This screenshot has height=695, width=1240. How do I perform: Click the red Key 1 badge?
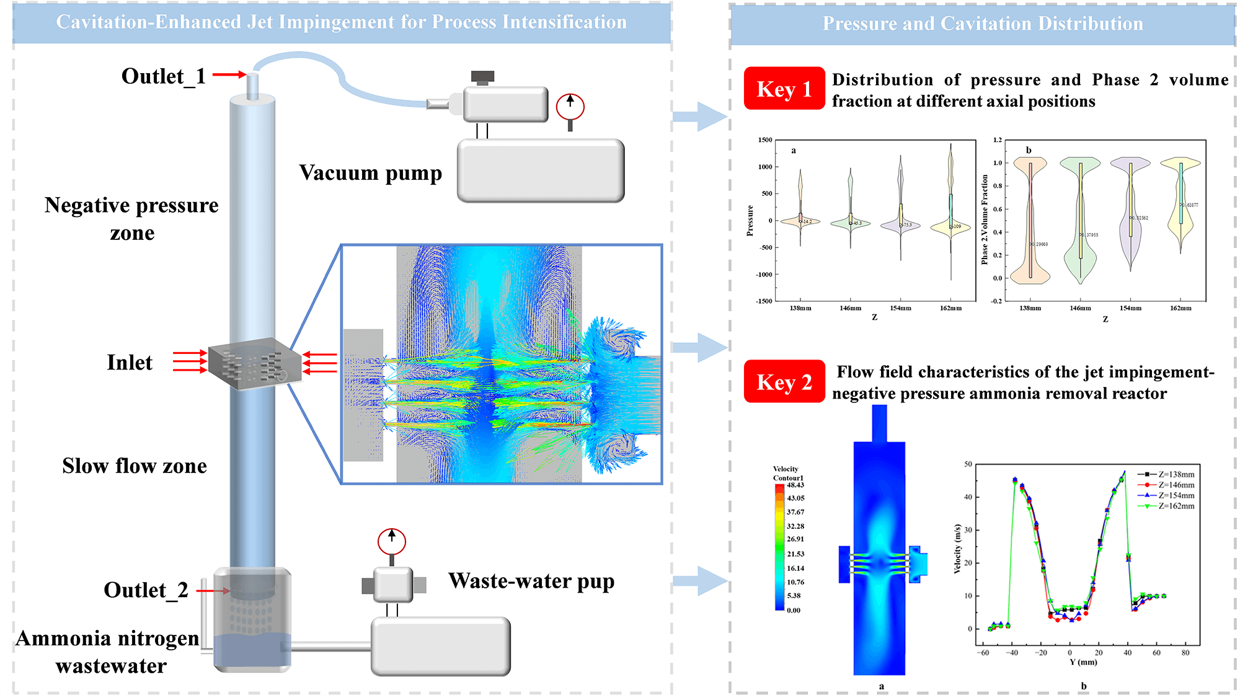point(784,89)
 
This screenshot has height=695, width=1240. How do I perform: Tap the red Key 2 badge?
point(784,382)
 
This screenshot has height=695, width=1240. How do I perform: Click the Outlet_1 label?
point(163,76)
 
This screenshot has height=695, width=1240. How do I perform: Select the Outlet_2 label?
point(146,590)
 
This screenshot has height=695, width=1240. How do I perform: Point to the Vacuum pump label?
point(370,173)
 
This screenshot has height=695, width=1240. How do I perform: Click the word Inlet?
point(129,363)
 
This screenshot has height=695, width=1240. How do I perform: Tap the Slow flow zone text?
point(135,466)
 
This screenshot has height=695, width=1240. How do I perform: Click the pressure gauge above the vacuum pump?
point(570,107)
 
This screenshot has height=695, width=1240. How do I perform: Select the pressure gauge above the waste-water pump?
point(392,542)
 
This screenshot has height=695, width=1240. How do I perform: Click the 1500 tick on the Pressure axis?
point(764,140)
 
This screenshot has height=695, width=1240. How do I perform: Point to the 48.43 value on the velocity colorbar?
point(795,485)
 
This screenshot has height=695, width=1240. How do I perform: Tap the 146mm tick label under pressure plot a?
point(850,308)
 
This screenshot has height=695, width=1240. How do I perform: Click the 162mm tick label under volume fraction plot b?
point(1180,308)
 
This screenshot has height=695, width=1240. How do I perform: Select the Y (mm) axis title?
point(1083,662)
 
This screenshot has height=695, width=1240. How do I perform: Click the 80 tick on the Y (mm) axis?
point(1185,653)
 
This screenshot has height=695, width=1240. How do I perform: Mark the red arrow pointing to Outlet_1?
point(229,75)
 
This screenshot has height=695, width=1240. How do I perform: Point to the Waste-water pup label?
point(531,582)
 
